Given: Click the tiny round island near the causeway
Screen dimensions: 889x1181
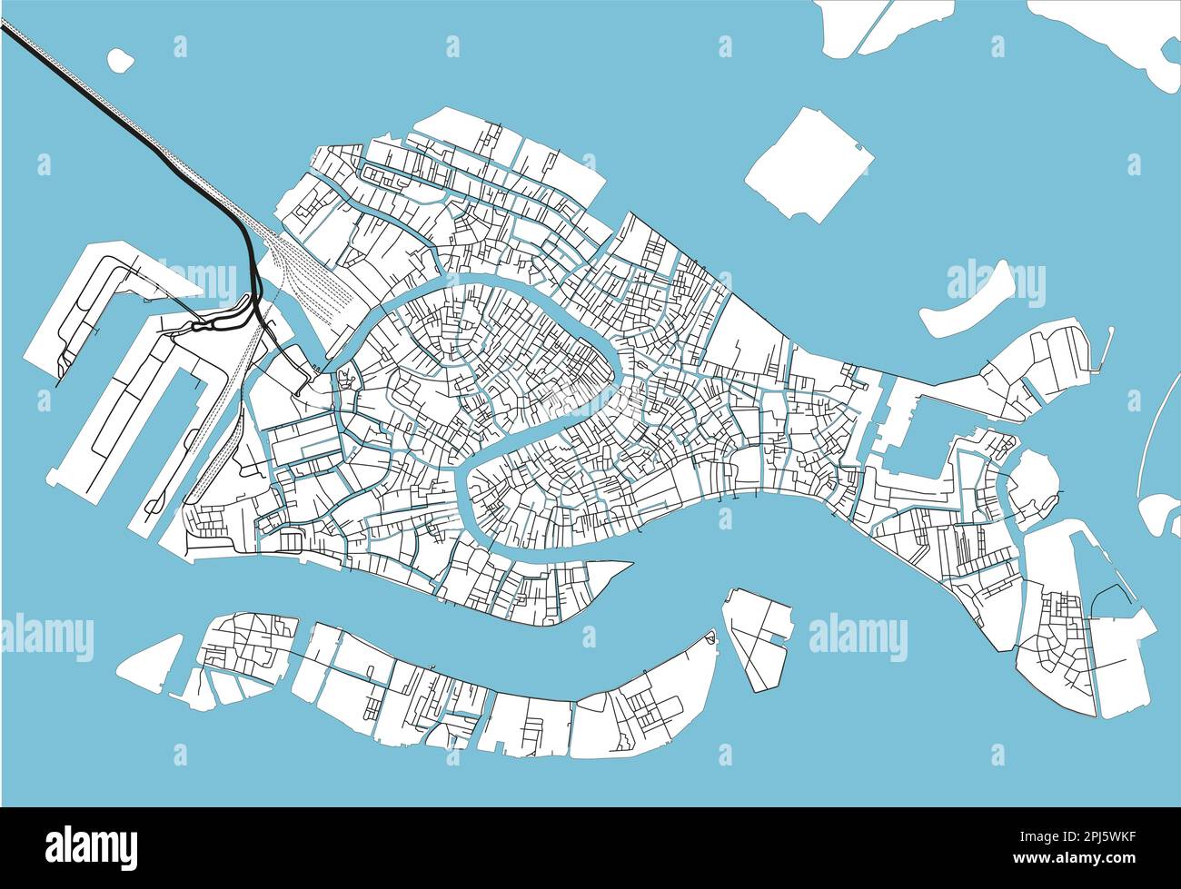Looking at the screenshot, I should (x=119, y=60).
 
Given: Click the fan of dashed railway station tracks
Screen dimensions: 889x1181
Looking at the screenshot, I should (x=313, y=272).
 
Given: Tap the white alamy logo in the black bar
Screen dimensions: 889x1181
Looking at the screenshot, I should (x=91, y=846).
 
